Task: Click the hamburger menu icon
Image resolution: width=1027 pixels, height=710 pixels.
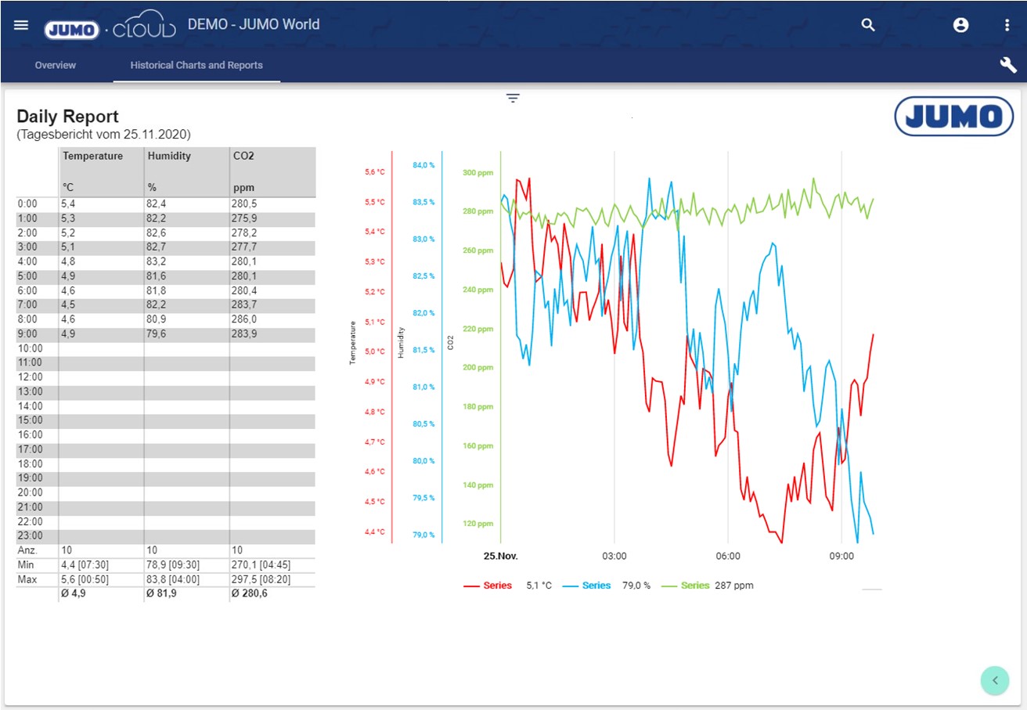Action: [21, 24]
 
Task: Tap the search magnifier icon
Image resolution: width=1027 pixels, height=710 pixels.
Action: [867, 25]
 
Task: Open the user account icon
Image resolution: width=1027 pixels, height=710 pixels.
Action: [960, 25]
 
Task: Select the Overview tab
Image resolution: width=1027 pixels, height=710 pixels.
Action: [56, 65]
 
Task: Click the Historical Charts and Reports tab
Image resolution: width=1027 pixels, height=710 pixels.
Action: [196, 65]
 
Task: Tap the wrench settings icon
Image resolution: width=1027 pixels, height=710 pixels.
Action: [1007, 65]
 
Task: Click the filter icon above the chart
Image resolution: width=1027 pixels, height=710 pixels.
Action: [513, 98]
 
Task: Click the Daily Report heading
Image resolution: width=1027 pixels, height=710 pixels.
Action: [68, 117]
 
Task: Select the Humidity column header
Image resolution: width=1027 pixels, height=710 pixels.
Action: [169, 156]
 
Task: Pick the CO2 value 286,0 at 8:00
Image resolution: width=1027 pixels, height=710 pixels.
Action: [244, 319]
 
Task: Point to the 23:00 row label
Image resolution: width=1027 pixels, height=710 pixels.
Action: [30, 535]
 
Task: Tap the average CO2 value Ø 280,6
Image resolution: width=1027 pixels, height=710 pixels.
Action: [250, 593]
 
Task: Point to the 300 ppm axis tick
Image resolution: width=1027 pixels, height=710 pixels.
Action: [477, 173]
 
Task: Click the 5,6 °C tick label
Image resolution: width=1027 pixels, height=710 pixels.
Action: [374, 172]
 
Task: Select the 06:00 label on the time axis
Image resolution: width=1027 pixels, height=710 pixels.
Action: [727, 557]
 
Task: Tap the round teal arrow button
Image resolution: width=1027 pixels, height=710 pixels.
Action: [995, 679]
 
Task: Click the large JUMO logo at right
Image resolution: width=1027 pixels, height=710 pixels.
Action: [953, 117]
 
